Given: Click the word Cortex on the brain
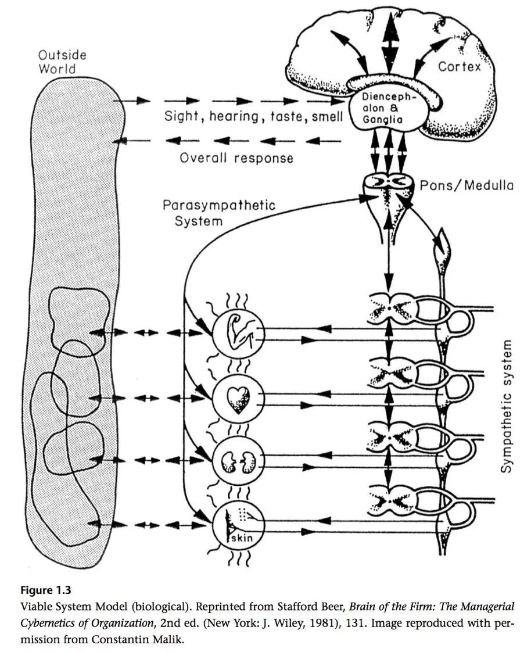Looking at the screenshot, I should pos(460,67).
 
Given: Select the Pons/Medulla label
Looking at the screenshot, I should pos(467,186).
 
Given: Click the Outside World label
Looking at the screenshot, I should pos(62,62).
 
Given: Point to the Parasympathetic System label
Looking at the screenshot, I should pos(218,213).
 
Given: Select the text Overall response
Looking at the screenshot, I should pos(236,158).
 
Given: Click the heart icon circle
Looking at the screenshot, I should pos(238,398).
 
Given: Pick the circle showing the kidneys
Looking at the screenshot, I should pos(238,462).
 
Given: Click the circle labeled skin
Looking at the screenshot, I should pos(238,526).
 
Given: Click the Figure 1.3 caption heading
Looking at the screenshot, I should pos(46,590).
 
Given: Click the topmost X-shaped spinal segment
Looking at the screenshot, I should pos(390,308).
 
